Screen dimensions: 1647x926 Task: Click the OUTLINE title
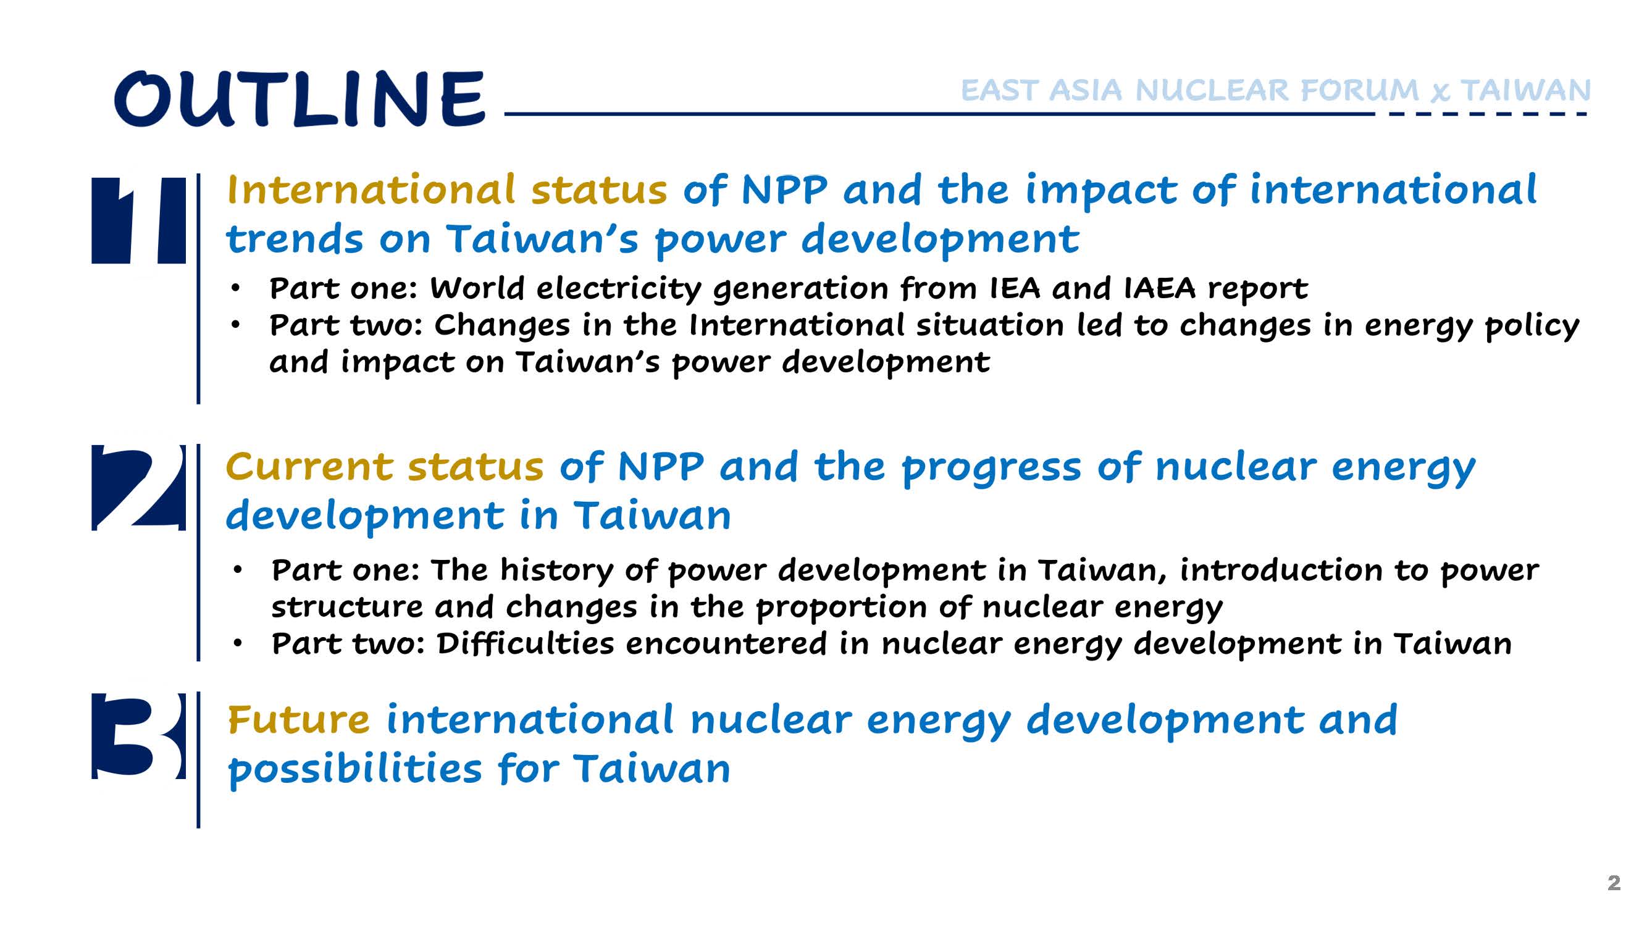click(300, 98)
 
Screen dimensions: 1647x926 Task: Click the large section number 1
click(139, 220)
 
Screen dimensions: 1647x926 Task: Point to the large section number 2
click(139, 488)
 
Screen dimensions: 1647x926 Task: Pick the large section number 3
click(139, 736)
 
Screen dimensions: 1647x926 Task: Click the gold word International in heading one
click(371, 190)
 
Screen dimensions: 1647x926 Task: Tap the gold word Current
click(309, 467)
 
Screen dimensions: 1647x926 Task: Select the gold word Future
click(298, 720)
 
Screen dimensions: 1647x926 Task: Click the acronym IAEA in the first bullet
click(1159, 288)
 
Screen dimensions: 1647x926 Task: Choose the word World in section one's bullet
click(477, 288)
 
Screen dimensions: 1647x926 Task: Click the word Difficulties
click(526, 643)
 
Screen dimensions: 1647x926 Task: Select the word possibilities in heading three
click(356, 769)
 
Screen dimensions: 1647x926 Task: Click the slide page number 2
click(1614, 883)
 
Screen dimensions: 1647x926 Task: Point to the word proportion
click(840, 607)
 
